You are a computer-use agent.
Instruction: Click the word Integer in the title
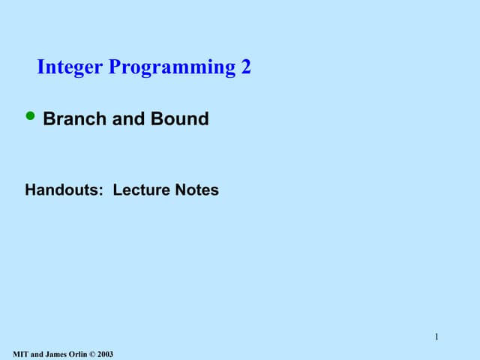pos(71,67)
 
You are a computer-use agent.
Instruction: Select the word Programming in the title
pos(172,68)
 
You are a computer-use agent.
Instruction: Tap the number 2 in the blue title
pos(246,67)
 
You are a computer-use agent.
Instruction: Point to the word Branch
pos(75,118)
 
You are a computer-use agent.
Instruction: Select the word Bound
pos(180,118)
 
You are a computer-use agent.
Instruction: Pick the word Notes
pos(196,190)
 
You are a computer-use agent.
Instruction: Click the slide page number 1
pos(436,336)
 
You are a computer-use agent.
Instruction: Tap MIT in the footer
pos(21,354)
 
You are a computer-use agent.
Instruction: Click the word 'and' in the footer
pos(37,354)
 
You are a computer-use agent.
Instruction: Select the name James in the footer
pos(57,354)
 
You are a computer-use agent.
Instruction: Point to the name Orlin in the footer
pos(79,354)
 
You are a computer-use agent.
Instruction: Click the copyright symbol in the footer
pos(94,354)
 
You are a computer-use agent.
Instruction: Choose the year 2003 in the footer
pos(106,354)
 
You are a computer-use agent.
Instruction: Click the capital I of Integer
pos(40,67)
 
